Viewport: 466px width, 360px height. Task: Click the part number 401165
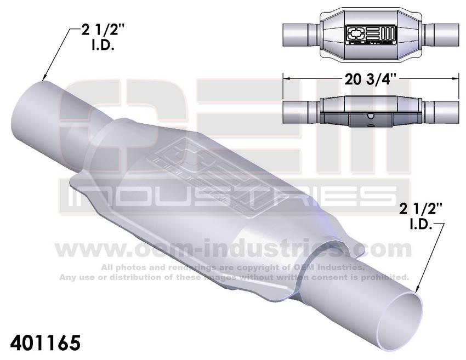45,343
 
